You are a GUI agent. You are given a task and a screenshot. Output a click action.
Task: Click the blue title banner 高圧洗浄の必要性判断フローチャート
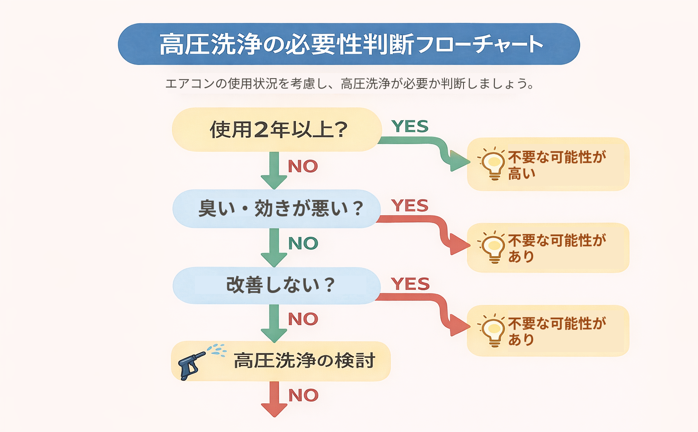(x=349, y=44)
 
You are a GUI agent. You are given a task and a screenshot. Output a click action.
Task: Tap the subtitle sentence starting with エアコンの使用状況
(x=349, y=84)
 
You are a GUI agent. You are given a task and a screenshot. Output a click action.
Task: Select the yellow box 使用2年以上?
(x=277, y=129)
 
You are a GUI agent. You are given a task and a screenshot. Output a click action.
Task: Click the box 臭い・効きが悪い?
(x=277, y=209)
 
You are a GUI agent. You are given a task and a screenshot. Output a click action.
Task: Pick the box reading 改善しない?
(x=277, y=285)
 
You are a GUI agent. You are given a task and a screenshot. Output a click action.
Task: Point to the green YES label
(x=410, y=127)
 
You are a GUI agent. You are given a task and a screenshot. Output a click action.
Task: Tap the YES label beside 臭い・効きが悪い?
(x=410, y=206)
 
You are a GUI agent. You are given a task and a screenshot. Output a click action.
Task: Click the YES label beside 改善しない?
(x=410, y=284)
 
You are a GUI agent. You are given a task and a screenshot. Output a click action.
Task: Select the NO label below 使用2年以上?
(x=303, y=166)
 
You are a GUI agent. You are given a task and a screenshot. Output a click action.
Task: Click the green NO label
(x=303, y=243)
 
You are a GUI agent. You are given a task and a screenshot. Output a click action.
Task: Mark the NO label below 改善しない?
(x=303, y=319)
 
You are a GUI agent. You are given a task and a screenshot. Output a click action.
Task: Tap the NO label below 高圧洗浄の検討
(x=303, y=395)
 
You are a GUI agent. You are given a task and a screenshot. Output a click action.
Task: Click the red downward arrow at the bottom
(x=274, y=399)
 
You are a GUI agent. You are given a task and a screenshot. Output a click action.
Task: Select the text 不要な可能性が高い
(x=557, y=165)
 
